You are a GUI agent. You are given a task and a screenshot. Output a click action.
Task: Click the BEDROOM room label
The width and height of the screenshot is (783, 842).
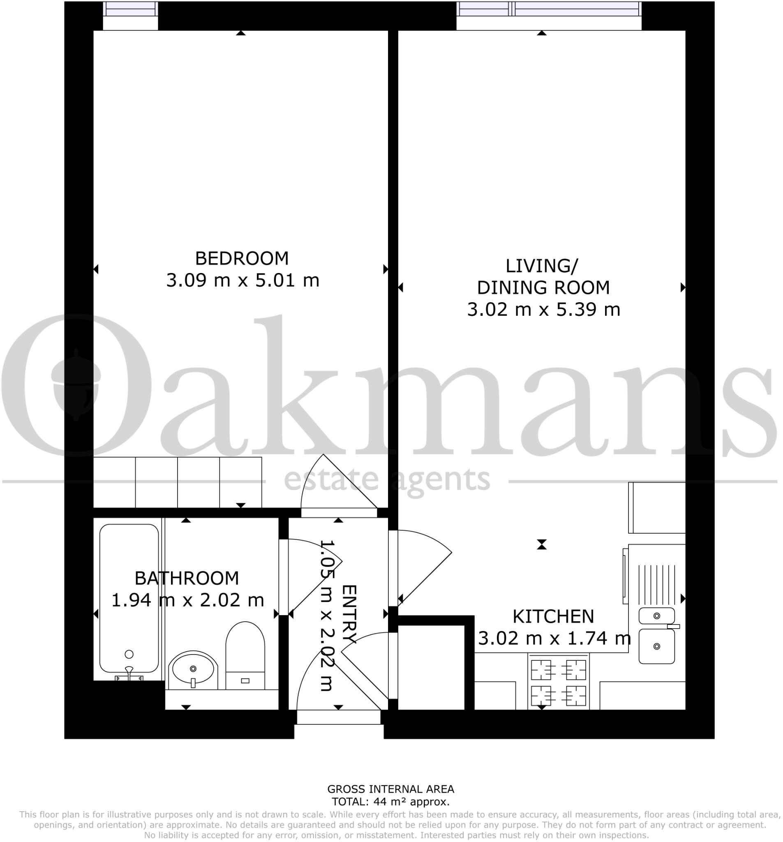click(241, 258)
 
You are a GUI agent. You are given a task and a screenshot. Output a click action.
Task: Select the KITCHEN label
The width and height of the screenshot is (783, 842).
click(553, 617)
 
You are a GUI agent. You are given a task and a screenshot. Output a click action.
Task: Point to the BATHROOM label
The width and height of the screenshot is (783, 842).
click(186, 578)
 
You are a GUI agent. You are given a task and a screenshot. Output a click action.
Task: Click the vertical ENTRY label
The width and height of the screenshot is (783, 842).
click(349, 614)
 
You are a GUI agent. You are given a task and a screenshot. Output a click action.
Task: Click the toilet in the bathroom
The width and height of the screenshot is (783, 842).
click(245, 655)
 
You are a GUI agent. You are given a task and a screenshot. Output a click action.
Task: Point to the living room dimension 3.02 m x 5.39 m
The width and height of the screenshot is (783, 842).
click(543, 310)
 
